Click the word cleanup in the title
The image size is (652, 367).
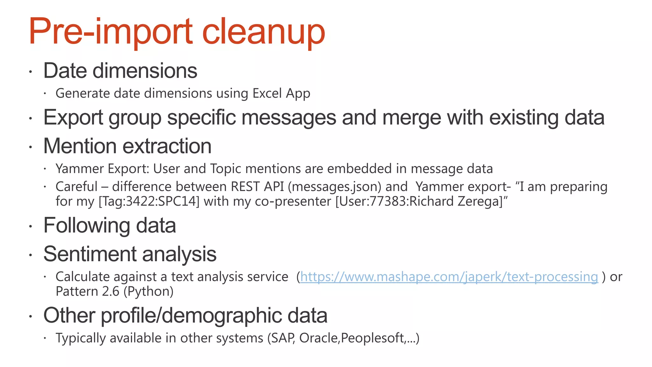point(263,32)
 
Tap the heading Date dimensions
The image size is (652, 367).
point(120,71)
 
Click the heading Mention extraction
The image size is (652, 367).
point(127,146)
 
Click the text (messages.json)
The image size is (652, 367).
point(335,187)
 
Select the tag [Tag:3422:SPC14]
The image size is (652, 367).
point(149,201)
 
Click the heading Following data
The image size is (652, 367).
point(110,226)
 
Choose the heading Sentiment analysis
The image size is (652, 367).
point(130,254)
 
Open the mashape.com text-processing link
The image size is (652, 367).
point(449,277)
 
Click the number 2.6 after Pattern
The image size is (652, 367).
point(110,291)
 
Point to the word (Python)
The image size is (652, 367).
point(148,291)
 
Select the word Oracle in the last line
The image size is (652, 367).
point(319,338)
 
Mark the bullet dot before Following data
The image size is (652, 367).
point(31,227)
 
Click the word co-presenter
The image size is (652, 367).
point(293,201)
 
